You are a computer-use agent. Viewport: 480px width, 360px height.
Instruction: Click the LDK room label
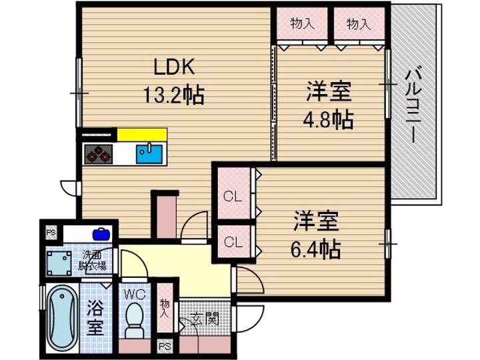click(175, 67)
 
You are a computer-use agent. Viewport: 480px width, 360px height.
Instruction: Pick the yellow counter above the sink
click(142, 134)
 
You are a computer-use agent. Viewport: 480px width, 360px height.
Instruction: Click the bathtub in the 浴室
click(63, 320)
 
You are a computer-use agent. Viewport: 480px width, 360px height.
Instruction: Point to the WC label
click(134, 293)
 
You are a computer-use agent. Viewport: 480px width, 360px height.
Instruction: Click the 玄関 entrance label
click(206, 319)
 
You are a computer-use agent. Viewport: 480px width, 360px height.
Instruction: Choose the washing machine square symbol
click(61, 263)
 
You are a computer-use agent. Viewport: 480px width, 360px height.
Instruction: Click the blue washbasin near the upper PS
click(101, 234)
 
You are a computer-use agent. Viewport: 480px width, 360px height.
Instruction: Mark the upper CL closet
click(232, 196)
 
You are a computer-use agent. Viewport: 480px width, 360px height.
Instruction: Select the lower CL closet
click(232, 241)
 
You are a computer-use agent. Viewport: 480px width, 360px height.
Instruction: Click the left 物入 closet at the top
click(302, 24)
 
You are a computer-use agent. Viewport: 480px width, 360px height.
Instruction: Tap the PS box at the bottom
click(165, 347)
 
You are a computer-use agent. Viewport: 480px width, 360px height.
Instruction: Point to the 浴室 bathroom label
click(95, 319)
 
